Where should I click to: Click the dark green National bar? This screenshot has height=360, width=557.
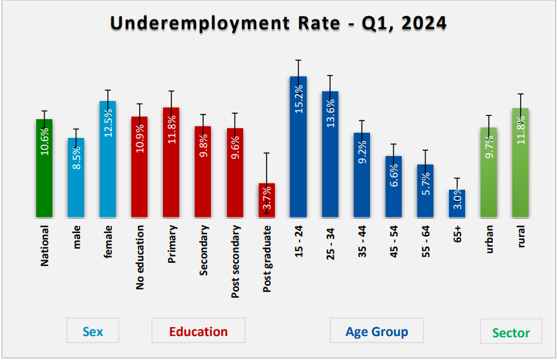pos(45,168)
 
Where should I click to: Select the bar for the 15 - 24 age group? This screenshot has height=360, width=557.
pos(298,147)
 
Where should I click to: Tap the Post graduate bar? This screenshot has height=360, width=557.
pos(267,200)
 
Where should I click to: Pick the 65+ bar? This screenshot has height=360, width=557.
pos(457,203)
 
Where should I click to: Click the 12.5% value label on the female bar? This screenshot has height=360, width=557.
pos(108,122)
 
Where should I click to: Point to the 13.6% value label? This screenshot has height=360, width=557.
pos(331,113)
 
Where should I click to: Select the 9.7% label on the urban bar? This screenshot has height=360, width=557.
pos(489,147)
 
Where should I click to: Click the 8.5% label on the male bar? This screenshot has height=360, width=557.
pos(76,157)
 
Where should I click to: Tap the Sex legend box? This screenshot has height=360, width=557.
pos(93,330)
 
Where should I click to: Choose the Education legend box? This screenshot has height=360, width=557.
pos(199,330)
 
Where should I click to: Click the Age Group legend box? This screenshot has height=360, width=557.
pos(377,330)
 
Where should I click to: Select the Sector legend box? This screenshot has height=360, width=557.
pos(511,332)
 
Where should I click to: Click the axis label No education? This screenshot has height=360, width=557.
pos(140,257)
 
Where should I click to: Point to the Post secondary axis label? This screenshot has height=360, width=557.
pos(235,262)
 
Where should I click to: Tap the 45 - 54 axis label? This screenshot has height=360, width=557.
pos(393,242)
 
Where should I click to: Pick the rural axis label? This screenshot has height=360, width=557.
pos(521,236)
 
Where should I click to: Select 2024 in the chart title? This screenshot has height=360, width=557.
pos(424,23)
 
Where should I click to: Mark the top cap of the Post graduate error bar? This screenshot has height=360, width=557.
pos(267,153)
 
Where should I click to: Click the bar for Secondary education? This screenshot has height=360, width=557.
pos(203,172)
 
